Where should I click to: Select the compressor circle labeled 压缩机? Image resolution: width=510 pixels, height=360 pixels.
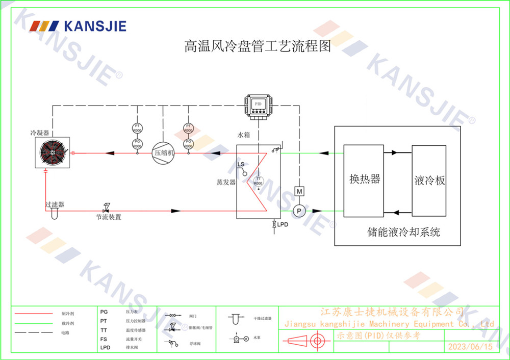(x=164, y=152)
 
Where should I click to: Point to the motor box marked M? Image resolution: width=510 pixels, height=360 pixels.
(x=300, y=191)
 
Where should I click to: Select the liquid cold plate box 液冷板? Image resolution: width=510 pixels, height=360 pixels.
(x=429, y=180)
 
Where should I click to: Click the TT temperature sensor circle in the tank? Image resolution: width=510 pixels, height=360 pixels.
(x=259, y=181)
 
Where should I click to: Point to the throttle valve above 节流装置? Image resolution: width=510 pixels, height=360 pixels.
(x=106, y=208)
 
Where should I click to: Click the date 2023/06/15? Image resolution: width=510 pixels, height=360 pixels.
(x=470, y=347)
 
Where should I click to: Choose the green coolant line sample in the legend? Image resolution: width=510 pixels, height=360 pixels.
(x=34, y=323)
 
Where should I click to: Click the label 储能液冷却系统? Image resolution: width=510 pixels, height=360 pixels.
(x=403, y=233)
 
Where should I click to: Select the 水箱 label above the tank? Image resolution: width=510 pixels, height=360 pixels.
(x=244, y=136)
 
